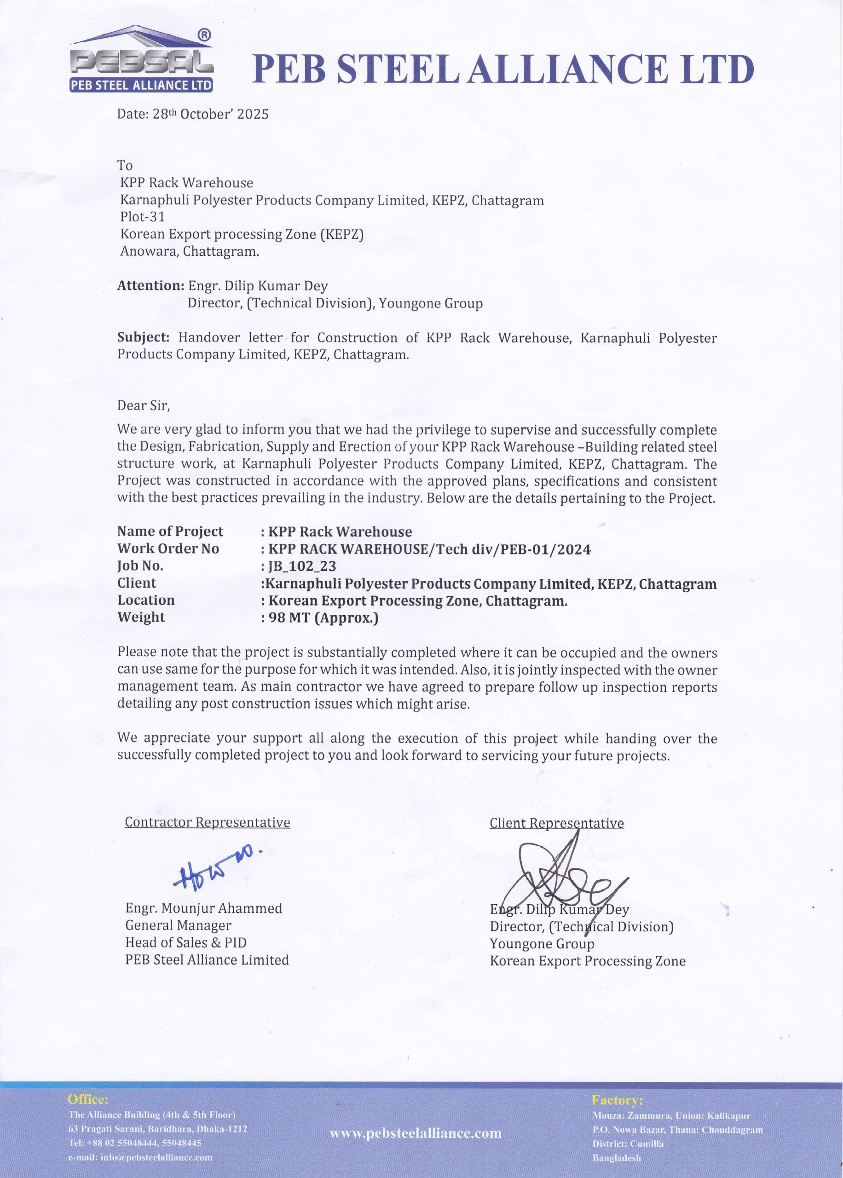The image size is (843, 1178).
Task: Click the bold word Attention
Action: [x=150, y=285]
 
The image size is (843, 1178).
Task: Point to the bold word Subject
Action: [x=143, y=337]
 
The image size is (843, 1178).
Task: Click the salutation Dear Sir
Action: [x=143, y=405]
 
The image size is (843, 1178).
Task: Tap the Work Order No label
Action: [x=168, y=549]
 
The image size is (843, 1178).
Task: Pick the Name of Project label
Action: [x=170, y=531]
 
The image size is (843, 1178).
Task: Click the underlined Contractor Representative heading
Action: [x=207, y=822]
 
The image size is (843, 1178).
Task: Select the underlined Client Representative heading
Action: [x=556, y=823]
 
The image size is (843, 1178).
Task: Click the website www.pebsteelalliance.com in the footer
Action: [x=415, y=1133]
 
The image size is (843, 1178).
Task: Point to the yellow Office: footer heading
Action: [x=88, y=1099]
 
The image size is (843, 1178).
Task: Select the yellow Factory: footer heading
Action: [x=617, y=1100]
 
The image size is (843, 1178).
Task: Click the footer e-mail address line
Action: [x=140, y=1157]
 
